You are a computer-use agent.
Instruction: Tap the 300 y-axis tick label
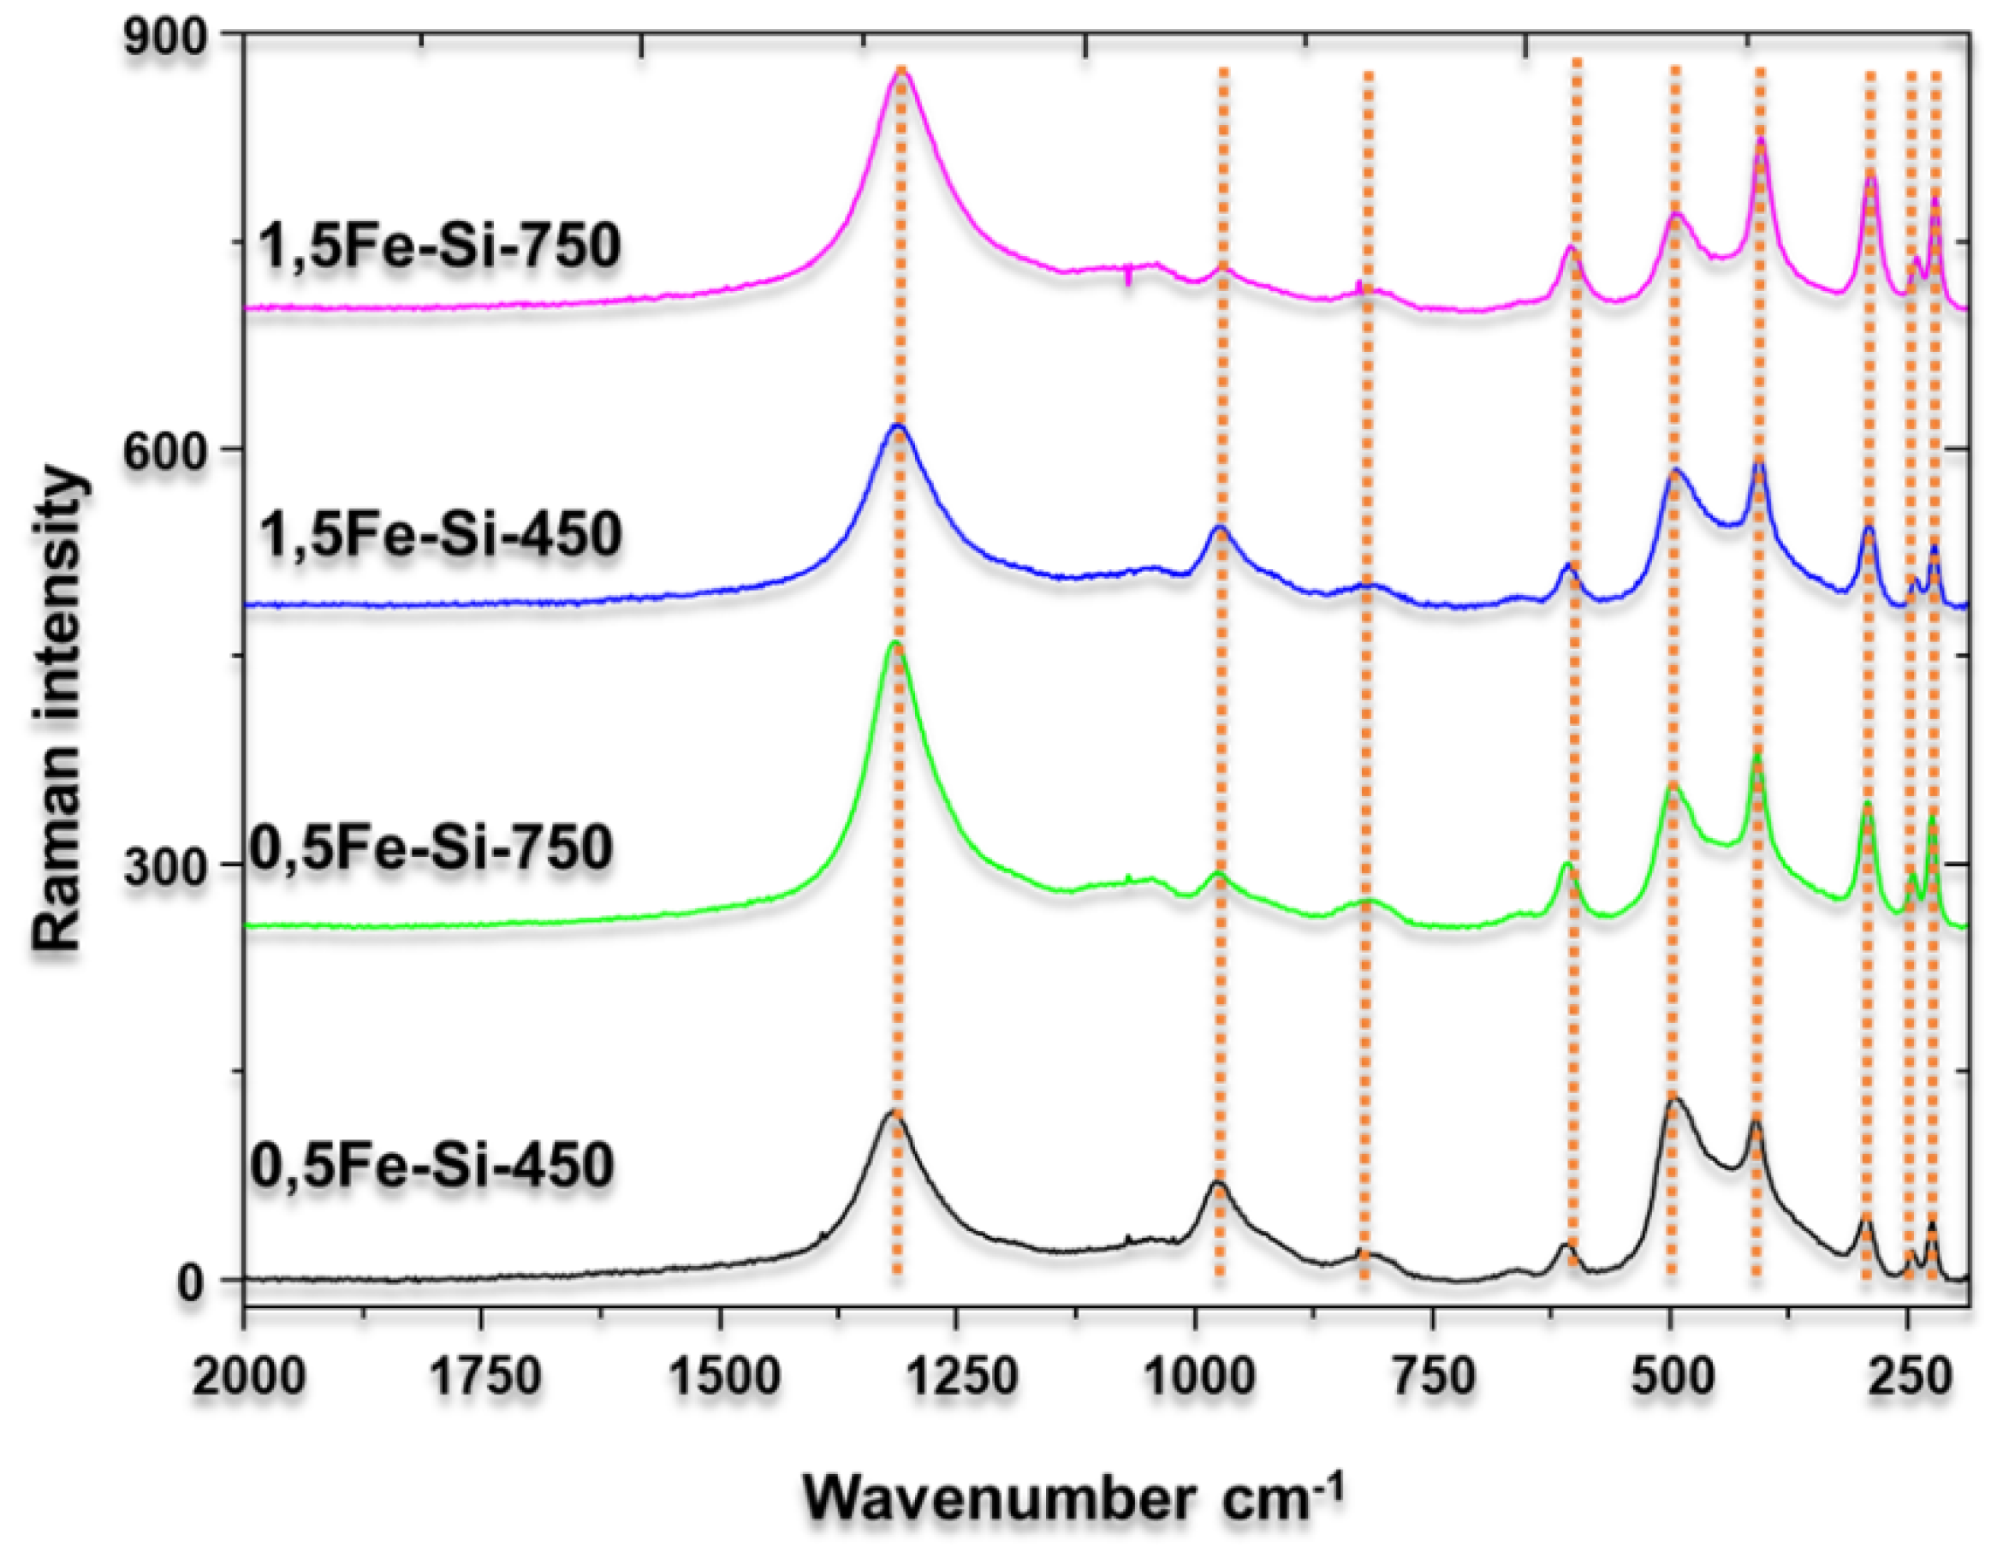point(169,866)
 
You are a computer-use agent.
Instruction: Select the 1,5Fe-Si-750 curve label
point(440,246)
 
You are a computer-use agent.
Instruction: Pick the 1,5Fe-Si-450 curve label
point(440,534)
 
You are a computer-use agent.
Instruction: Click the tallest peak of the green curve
point(895,644)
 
